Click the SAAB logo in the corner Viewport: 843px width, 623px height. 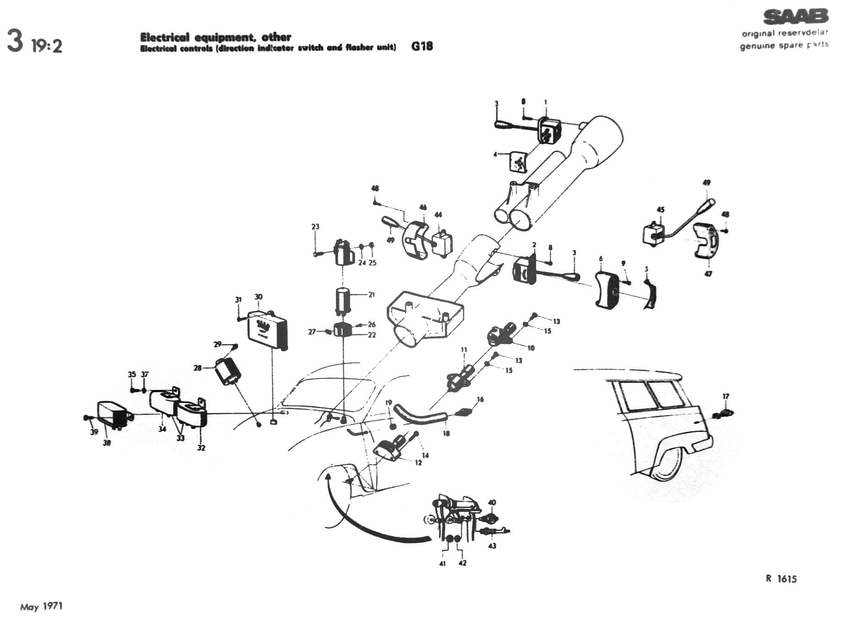click(x=796, y=16)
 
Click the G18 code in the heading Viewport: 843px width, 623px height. click(x=422, y=46)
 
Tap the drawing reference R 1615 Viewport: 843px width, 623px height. click(x=781, y=579)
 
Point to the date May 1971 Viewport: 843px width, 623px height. click(x=41, y=607)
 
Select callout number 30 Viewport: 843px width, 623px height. click(x=258, y=297)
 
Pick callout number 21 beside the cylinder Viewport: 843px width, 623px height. click(x=372, y=295)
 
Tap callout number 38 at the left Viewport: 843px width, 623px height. click(x=107, y=443)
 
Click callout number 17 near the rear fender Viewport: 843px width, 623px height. click(x=726, y=397)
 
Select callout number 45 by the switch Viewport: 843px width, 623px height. click(x=661, y=210)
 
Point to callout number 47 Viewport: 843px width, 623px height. click(x=708, y=274)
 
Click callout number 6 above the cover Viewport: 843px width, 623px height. click(x=601, y=259)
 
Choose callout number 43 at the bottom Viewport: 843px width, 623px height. click(x=492, y=546)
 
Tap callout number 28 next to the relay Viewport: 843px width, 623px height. click(x=197, y=367)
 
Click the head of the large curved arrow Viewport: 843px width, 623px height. click(x=327, y=477)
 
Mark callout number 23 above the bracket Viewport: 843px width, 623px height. click(x=315, y=227)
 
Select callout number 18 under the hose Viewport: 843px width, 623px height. click(x=446, y=433)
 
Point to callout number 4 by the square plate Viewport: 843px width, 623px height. click(x=495, y=154)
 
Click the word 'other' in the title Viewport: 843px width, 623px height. click(x=276, y=37)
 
